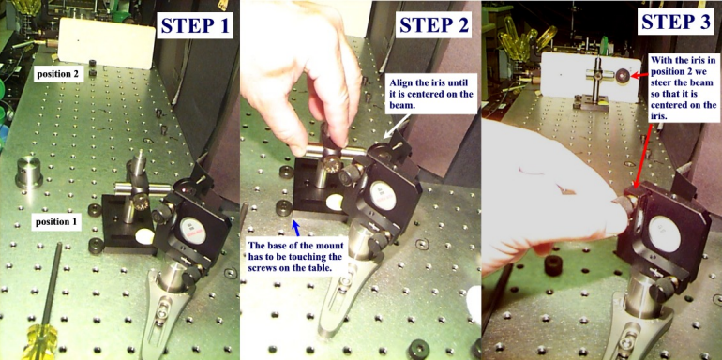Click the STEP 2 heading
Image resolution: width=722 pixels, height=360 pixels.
coord(434,24)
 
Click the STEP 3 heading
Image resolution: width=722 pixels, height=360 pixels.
coord(676,22)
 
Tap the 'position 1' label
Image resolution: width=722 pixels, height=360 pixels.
coord(56,222)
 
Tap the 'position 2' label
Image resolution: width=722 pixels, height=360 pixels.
coord(58,73)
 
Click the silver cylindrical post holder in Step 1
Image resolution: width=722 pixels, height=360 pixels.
coord(29,172)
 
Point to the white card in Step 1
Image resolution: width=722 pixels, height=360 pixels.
coord(106,43)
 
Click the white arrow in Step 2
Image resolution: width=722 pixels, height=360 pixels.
coord(395,127)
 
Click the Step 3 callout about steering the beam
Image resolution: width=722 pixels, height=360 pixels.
coord(684,88)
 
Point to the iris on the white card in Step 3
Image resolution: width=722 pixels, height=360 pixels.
coord(624,76)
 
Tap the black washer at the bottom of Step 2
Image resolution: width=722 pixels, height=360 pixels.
coord(418,348)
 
